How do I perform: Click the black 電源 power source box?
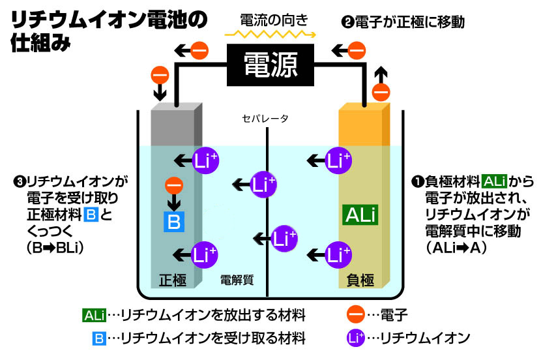[x=270, y=65]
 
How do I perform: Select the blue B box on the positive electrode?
[x=173, y=221]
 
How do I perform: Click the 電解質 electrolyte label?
[x=237, y=280]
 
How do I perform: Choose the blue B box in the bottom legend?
[x=99, y=338]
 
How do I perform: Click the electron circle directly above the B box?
[x=173, y=186]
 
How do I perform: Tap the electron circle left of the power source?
[x=199, y=50]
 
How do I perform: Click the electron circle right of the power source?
[x=357, y=50]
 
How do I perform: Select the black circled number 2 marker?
[x=347, y=22]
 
